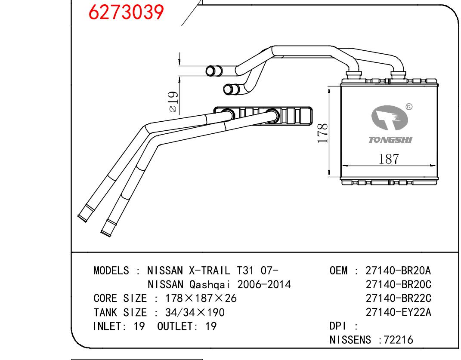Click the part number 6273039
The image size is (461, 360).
126,12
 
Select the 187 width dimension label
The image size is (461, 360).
388,159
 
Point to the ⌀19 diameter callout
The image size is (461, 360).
173,103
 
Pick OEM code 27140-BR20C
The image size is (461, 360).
398,285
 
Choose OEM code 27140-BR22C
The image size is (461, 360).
398,298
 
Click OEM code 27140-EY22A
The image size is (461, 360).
398,312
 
